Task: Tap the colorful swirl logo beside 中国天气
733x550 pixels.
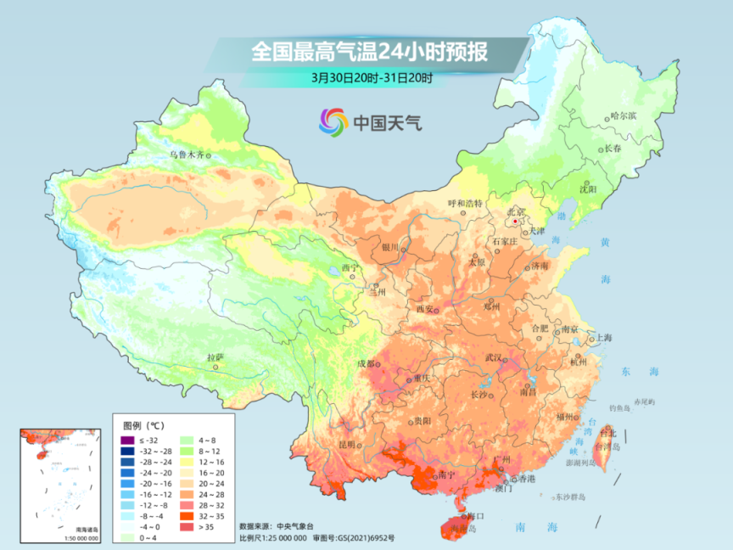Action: click(333, 121)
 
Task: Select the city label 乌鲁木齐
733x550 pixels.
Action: click(187, 154)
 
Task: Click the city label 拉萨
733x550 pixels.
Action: click(215, 357)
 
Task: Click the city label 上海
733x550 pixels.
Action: click(604, 337)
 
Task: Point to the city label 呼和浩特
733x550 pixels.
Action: click(464, 204)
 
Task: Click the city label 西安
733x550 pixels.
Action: click(426, 308)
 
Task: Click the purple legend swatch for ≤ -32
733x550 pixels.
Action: click(127, 440)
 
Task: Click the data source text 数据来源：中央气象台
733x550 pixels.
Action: click(277, 526)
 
